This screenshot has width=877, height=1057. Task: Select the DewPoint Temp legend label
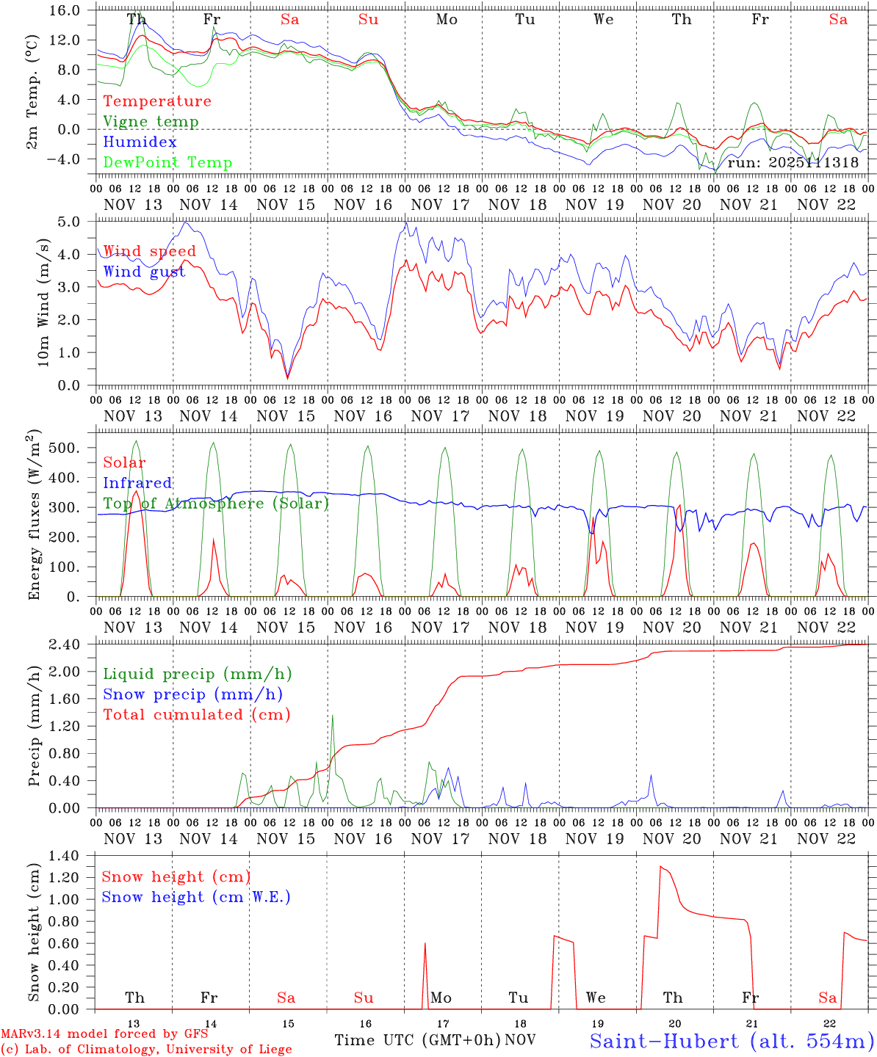(167, 163)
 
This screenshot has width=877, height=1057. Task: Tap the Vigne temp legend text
(151, 122)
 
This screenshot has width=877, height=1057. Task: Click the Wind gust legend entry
(144, 272)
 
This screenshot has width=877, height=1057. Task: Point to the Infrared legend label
(137, 483)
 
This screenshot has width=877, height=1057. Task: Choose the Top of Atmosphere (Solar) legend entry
(215, 504)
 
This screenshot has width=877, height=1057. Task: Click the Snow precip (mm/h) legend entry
(192, 694)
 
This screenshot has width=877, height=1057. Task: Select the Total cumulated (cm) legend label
(196, 715)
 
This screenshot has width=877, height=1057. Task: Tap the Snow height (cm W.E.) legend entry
(195, 897)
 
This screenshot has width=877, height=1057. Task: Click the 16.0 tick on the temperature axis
(66, 10)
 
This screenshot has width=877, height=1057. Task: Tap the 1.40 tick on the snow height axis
(64, 855)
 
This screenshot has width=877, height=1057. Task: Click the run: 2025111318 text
(793, 162)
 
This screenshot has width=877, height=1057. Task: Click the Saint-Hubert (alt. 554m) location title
(732, 1041)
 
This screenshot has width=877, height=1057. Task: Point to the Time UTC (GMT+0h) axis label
(417, 1040)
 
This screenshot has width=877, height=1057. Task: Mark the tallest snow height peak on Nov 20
(660, 867)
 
